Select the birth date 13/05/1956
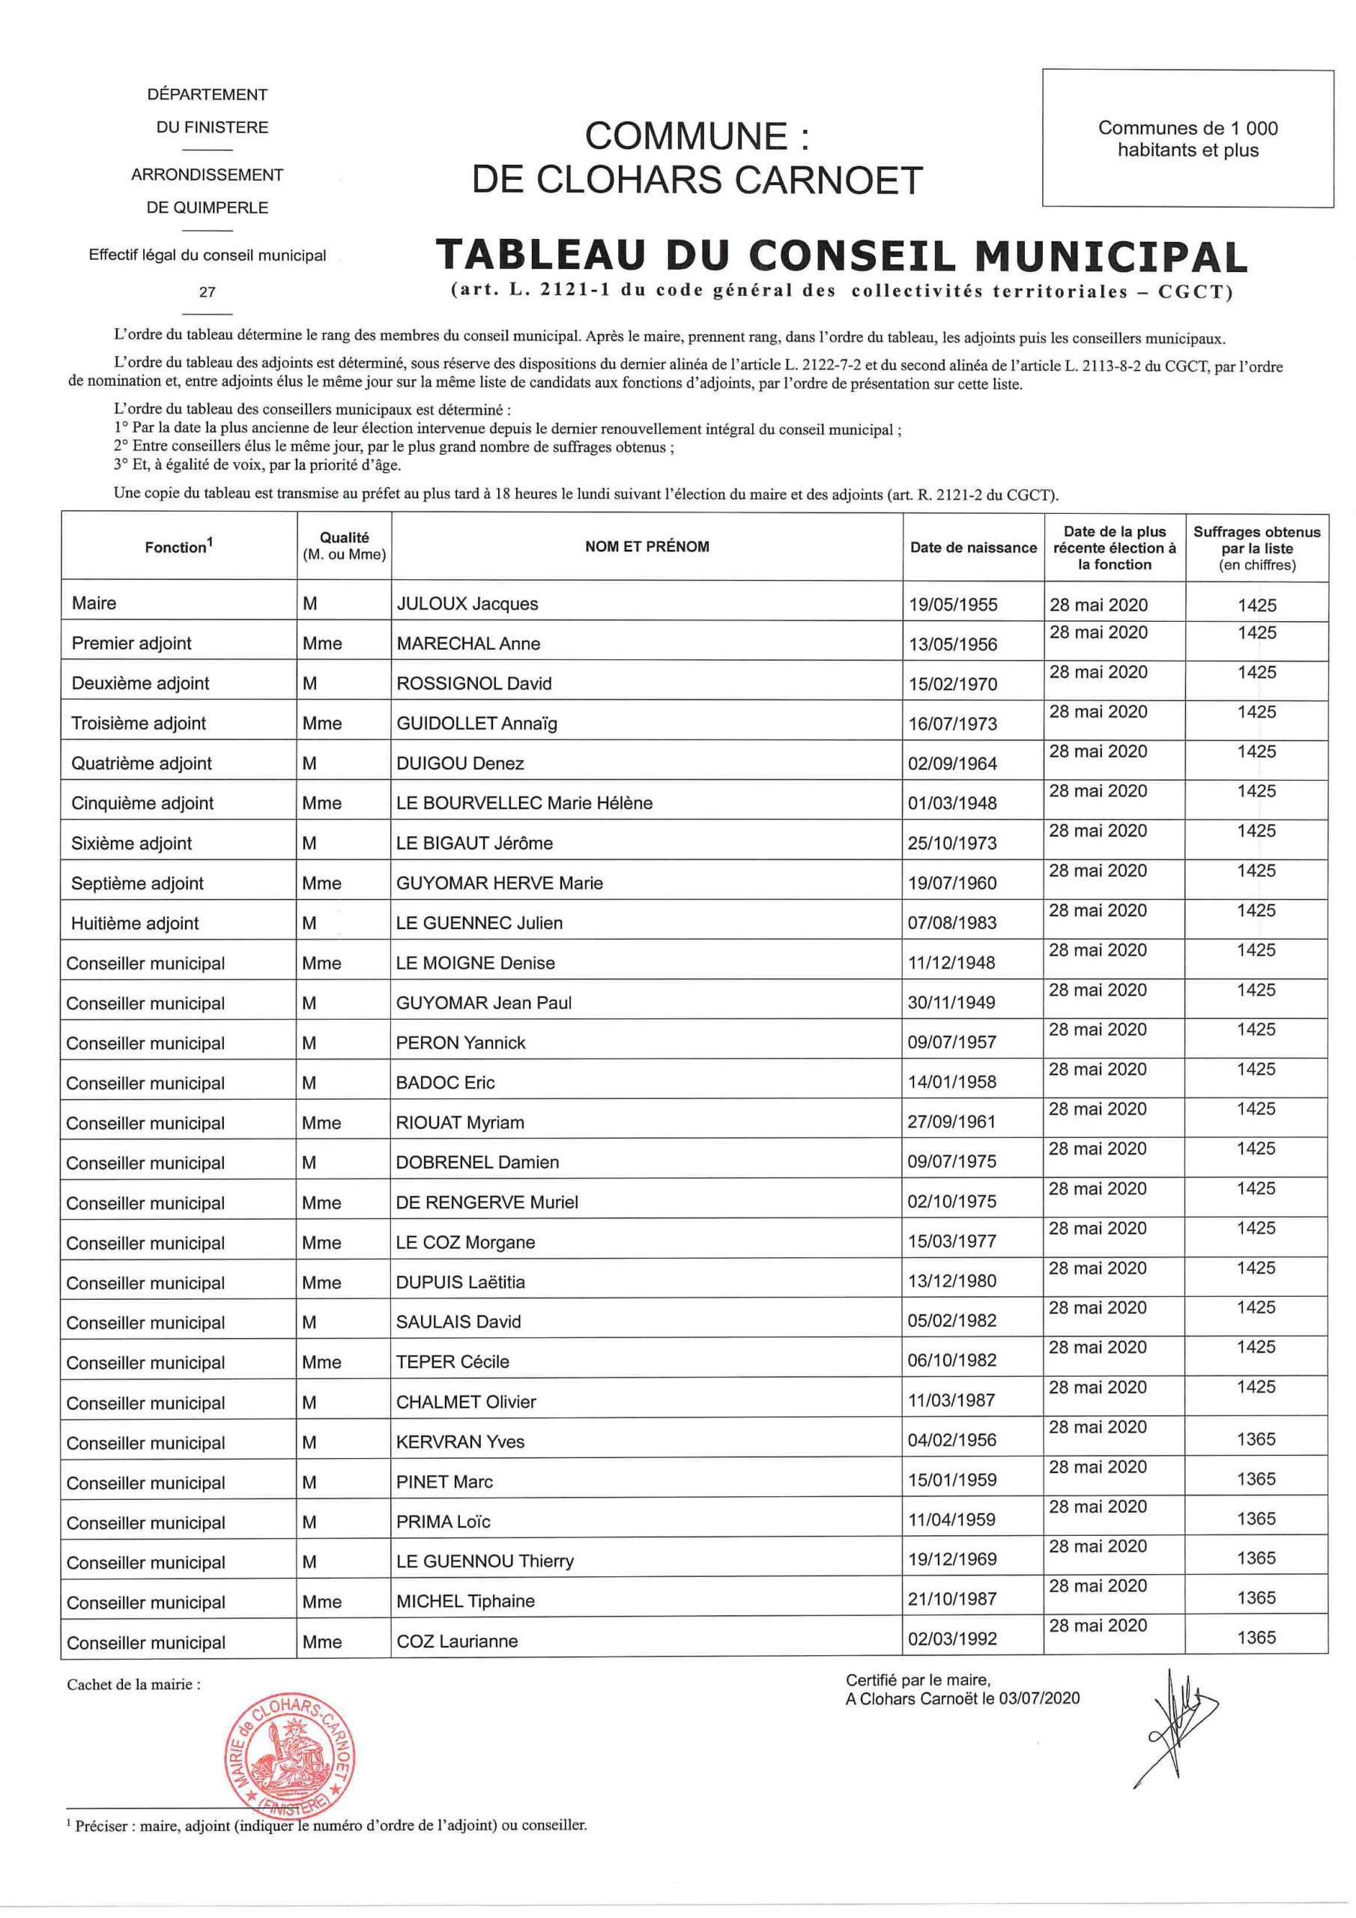click(x=952, y=644)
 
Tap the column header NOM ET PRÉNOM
click(x=647, y=546)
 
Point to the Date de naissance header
click(x=972, y=547)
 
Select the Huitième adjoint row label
click(x=136, y=923)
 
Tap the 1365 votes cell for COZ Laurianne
click(x=1256, y=1637)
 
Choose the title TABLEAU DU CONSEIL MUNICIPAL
click(x=841, y=256)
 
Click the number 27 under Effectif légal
click(x=208, y=291)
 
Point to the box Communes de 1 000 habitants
click(x=1187, y=139)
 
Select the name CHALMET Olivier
click(x=465, y=1402)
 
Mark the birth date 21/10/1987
click(x=952, y=1599)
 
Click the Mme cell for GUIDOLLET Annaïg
click(x=322, y=724)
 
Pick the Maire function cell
click(x=94, y=603)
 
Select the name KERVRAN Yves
click(x=460, y=1441)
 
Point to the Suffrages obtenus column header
click(x=1256, y=547)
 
